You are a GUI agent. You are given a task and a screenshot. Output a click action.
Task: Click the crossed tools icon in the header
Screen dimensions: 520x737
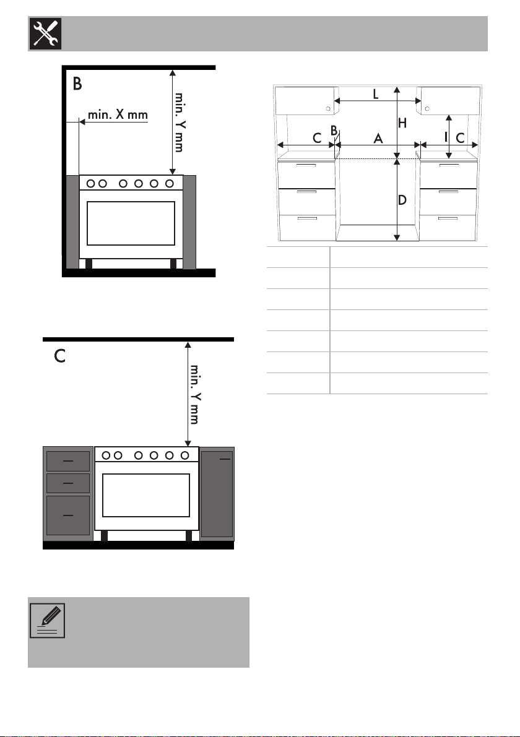pos(46,33)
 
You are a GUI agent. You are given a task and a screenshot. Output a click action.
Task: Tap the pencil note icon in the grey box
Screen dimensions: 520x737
pos(48,621)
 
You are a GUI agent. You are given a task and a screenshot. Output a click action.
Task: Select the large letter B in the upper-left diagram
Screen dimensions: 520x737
pos(77,84)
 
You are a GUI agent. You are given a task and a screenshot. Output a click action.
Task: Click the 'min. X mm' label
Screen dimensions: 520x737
pos(118,114)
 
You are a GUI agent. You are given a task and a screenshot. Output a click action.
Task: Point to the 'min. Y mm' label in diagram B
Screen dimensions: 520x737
pos(179,122)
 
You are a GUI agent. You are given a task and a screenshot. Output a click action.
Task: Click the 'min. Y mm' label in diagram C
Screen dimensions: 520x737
pos(194,394)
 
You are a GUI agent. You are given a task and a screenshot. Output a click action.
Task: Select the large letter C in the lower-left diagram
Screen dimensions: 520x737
pos(59,356)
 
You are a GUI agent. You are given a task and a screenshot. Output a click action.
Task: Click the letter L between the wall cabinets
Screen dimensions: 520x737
pos(376,94)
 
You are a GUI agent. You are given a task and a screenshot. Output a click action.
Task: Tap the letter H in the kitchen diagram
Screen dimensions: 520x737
pos(402,123)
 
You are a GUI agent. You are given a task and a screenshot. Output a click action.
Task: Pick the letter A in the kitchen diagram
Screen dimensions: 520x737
pos(378,139)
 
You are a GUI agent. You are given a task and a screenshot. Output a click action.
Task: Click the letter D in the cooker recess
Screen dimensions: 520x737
pos(402,200)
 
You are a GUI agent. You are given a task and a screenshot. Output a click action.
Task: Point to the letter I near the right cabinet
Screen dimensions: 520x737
pos(446,137)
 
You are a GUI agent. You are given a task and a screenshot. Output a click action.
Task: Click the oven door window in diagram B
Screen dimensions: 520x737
pos(131,223)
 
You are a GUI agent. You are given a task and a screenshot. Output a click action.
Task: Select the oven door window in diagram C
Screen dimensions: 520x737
pos(145,495)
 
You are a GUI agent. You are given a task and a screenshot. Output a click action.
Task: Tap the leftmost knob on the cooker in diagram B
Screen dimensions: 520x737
pos(92,183)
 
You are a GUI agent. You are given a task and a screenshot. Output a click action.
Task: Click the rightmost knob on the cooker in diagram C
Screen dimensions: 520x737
pos(184,455)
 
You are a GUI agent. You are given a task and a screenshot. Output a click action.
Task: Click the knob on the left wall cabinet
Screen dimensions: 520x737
pos(328,109)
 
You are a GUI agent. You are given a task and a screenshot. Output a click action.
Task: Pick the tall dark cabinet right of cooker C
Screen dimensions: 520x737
pos(217,494)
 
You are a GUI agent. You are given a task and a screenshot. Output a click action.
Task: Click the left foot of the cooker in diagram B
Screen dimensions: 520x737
pos(89,264)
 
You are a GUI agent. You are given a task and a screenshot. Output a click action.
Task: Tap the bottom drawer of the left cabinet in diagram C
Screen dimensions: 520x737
pos(67,515)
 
